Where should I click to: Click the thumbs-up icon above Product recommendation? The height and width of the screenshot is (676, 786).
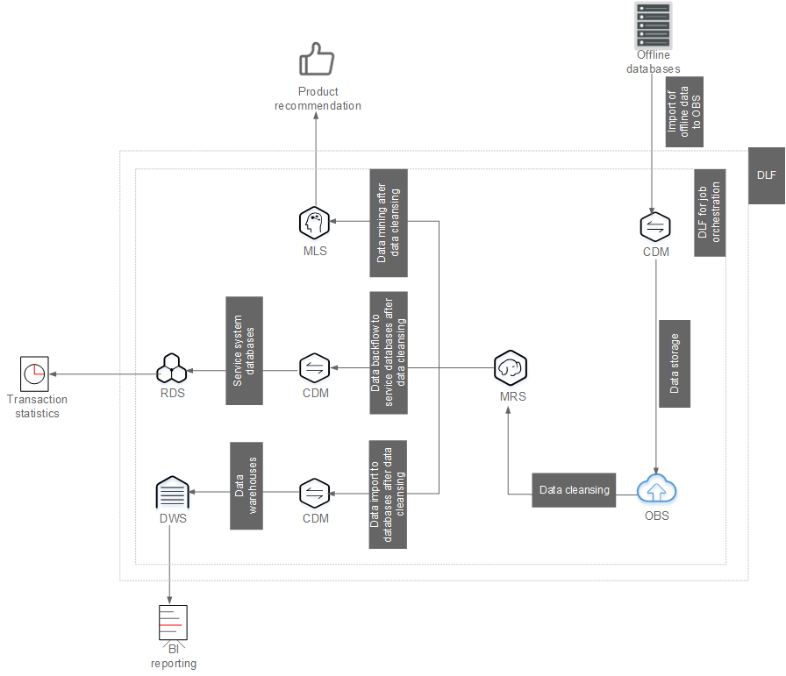click(317, 59)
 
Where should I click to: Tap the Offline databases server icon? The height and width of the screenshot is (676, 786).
click(653, 25)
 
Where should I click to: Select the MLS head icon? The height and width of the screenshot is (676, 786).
click(314, 223)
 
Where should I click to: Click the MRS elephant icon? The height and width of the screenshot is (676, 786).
click(511, 368)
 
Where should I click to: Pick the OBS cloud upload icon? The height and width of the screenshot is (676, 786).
click(656, 488)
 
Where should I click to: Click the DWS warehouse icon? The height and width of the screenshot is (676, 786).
click(173, 492)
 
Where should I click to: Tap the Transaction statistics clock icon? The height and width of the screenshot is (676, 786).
click(34, 374)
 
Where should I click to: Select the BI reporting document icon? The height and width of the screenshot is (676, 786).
click(173, 623)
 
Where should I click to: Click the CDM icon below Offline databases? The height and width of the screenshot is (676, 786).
click(655, 226)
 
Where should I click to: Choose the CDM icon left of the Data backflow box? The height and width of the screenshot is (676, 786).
click(314, 368)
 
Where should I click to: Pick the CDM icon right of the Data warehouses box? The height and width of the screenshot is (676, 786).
click(314, 494)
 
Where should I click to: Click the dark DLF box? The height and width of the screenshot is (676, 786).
click(767, 175)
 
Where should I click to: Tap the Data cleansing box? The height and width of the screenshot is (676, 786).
click(574, 490)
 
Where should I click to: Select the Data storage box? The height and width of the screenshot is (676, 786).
click(675, 364)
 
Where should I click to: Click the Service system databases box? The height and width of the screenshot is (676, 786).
click(244, 351)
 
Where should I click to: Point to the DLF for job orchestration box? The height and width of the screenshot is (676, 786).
click(710, 213)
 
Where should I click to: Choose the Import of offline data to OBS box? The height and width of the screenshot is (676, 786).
click(684, 111)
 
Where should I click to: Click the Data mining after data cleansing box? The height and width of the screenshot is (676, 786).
click(389, 223)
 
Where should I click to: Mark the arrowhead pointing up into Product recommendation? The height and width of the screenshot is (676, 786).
click(316, 115)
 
